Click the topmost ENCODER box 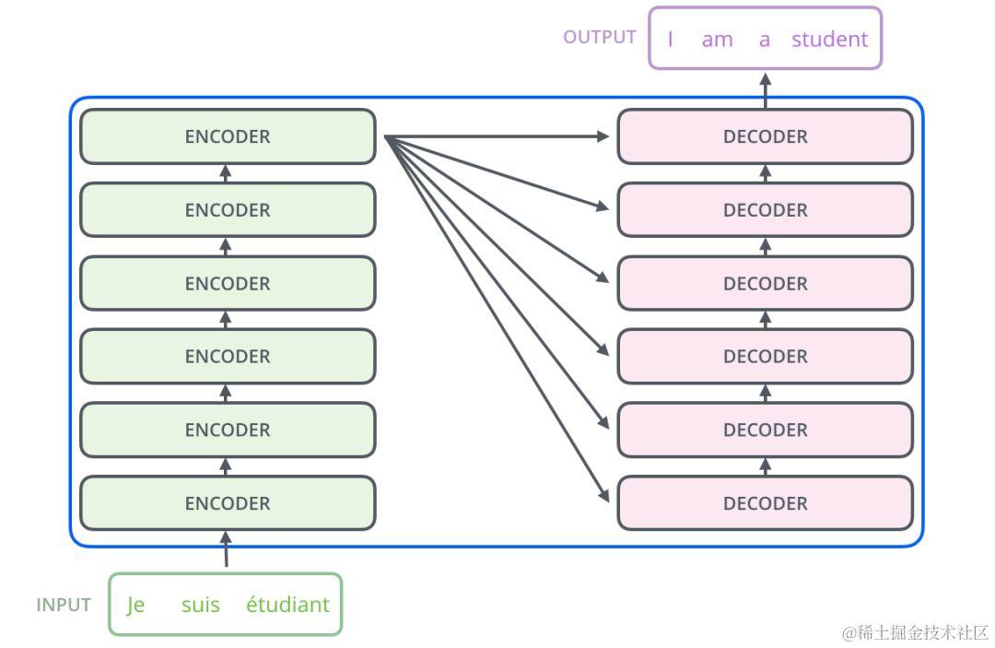point(228,136)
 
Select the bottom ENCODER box point(228,502)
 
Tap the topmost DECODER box point(766,136)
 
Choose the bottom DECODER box point(766,502)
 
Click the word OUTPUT point(600,38)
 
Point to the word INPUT point(64,605)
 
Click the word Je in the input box point(135,605)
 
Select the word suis point(201,605)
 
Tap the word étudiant point(288,604)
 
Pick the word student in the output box point(829,40)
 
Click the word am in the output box point(717,41)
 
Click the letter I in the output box point(670,40)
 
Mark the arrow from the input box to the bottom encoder point(226,549)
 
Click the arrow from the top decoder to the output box point(766,90)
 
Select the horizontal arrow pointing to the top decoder point(497,135)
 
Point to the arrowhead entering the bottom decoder point(603,495)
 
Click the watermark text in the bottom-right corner point(915,632)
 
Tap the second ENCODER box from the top point(228,209)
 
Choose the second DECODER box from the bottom point(766,430)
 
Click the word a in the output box point(765,41)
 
